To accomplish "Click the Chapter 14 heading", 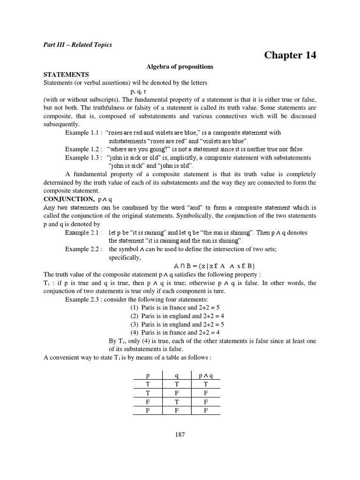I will coord(290,55).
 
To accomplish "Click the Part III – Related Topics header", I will coord(77,45).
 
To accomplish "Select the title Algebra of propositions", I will coord(180,67).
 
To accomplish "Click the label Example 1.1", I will coord(83,133).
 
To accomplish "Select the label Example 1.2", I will coord(83,149).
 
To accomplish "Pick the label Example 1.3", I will coord(83,157).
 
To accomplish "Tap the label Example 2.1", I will coord(83,232).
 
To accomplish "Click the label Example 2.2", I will coord(83,249).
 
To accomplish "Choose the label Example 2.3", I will coord(83,299).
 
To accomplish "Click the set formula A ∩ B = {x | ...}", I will coord(210,266).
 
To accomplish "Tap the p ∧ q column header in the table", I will coord(205,376).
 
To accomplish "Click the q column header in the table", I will coord(177,376).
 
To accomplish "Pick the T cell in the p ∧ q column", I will coord(205,384).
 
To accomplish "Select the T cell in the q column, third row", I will coord(177,401).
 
